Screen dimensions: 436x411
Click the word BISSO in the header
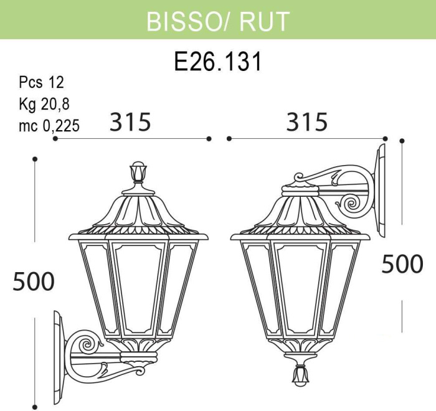[182, 21]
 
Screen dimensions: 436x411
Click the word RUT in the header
[264, 21]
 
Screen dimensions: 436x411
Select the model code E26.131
[218, 62]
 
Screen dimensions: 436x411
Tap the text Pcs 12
[41, 83]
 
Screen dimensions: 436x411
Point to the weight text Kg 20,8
[44, 104]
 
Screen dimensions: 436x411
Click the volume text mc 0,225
[49, 126]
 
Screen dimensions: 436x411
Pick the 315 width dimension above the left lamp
[130, 122]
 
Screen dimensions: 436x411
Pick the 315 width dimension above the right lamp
[307, 122]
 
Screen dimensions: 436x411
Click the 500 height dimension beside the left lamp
[34, 281]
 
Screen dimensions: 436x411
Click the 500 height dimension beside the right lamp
[402, 264]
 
